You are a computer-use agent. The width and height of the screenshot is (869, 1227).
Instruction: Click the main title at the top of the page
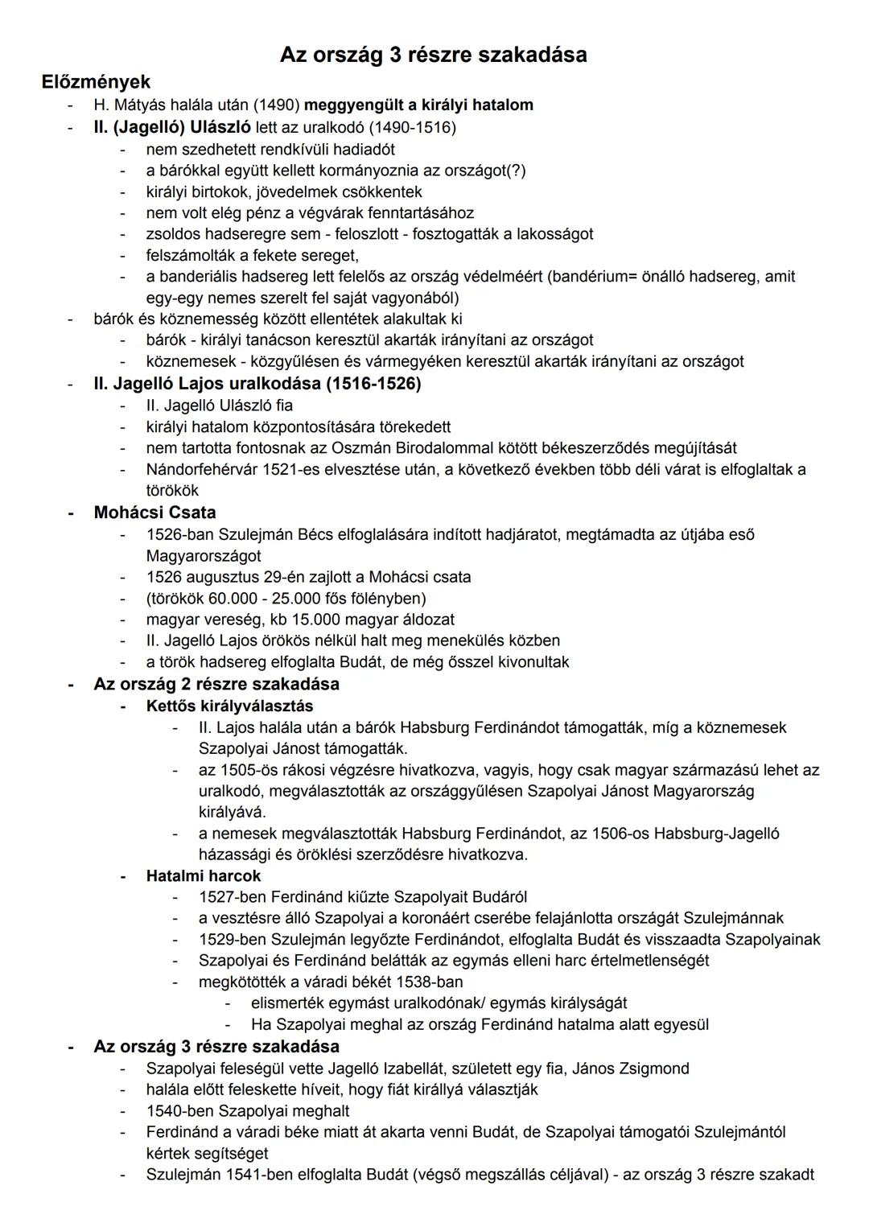tap(433, 55)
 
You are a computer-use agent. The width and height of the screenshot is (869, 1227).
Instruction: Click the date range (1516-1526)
tap(373, 384)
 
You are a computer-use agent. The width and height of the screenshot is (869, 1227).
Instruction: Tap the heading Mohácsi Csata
tap(154, 513)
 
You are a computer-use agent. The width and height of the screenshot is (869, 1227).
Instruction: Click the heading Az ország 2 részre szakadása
tap(216, 684)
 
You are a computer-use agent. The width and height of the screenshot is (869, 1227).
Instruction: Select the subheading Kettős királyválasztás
tap(229, 706)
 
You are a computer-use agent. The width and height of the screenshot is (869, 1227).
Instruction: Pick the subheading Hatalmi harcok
tap(204, 875)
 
